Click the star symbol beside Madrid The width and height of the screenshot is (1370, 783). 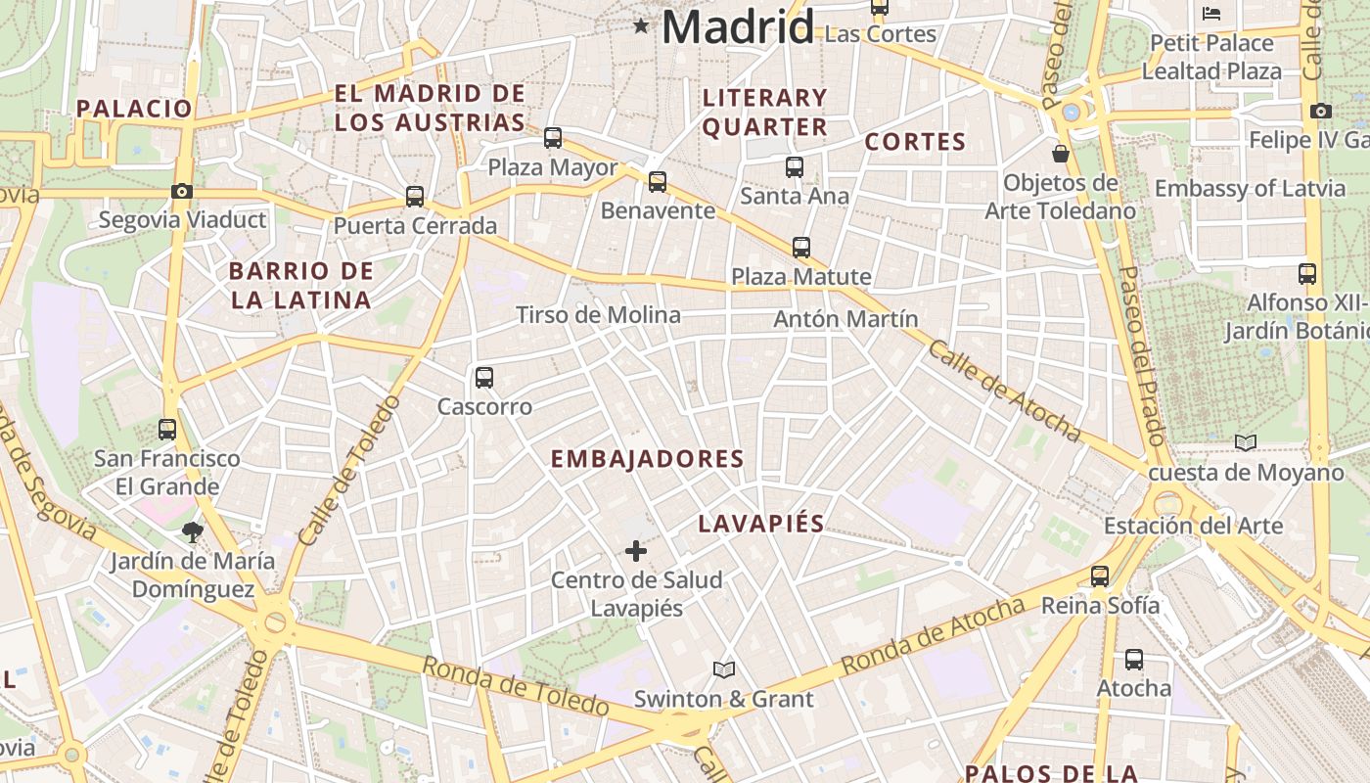coord(641,25)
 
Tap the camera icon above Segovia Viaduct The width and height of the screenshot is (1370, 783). coord(181,192)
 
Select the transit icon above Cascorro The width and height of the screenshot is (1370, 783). coord(483,378)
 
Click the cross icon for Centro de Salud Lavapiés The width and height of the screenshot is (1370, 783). coord(636,551)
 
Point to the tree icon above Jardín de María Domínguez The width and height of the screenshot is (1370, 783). coord(192,531)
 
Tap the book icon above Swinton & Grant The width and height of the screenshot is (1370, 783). coord(724,670)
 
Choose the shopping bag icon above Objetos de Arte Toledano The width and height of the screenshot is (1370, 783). coord(1060,154)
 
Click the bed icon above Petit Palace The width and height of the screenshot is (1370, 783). coord(1211,14)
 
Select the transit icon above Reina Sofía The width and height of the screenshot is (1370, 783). coord(1100,576)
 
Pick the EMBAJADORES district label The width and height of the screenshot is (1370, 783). coord(647,459)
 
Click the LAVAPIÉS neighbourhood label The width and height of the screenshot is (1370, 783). coord(761,524)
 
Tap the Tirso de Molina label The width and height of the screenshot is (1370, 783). coord(598,315)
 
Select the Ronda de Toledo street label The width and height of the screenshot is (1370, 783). coord(516,685)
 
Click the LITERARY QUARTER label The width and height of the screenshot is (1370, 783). coord(765,112)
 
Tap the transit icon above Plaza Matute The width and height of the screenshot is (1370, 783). coord(801,248)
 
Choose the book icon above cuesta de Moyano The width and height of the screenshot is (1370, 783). coord(1245,443)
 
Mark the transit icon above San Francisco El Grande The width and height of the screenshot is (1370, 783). coord(167,429)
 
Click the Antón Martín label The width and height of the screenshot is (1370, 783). coord(845,319)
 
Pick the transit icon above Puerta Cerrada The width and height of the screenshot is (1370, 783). coord(415,197)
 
